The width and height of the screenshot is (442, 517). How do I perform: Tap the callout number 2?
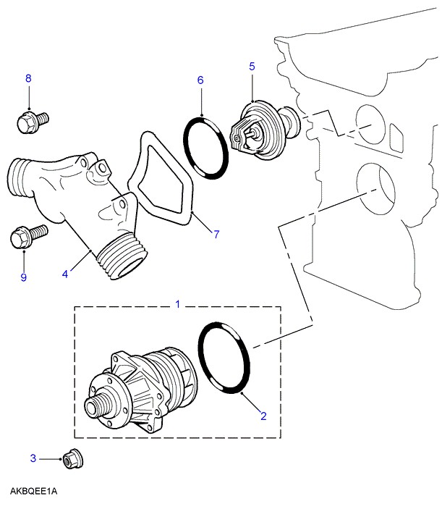click(263, 416)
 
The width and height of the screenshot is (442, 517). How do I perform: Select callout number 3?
click(33, 458)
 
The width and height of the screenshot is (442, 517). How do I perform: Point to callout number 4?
click(64, 274)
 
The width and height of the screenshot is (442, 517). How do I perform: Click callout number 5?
click(252, 67)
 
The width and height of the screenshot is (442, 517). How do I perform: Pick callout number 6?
click(200, 81)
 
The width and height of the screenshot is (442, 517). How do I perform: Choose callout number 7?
click(216, 233)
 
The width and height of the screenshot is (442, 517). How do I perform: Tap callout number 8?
click(29, 79)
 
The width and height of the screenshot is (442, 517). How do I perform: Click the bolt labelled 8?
click(30, 119)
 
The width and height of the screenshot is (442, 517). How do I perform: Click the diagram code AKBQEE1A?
click(33, 492)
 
